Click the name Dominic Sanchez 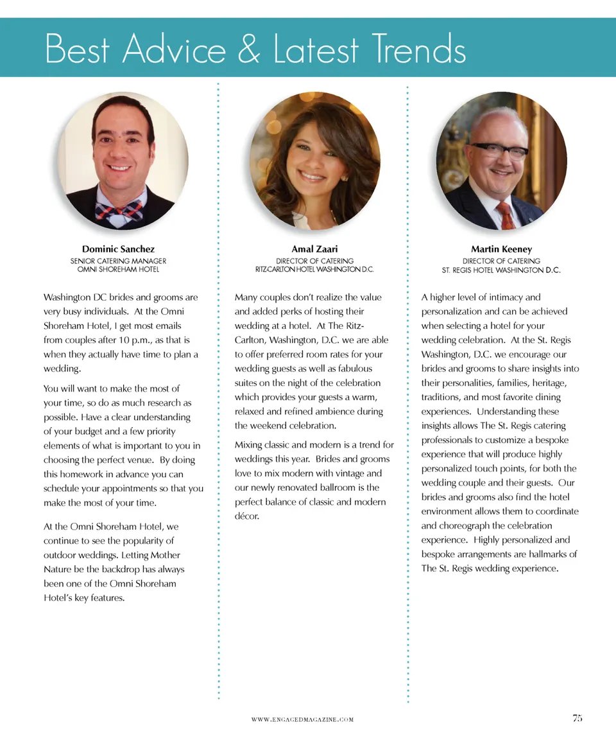118,249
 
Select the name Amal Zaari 314,249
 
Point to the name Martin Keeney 501,249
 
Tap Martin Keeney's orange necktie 507,215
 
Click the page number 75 577,719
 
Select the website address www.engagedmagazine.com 302,720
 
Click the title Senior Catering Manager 118,261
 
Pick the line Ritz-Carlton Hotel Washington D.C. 314,270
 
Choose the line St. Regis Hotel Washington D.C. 501,270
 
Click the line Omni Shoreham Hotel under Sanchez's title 118,270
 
